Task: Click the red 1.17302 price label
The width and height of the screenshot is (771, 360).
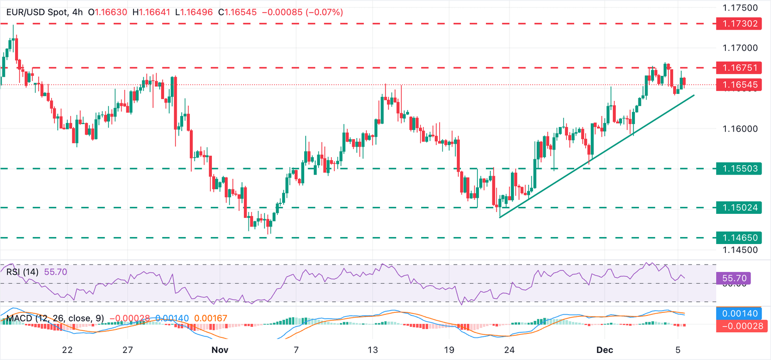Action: point(739,24)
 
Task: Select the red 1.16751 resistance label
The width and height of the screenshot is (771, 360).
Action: point(739,67)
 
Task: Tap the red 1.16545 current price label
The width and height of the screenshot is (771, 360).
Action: point(739,85)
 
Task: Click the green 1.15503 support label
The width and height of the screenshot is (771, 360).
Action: point(739,169)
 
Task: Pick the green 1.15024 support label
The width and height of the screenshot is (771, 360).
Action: point(739,207)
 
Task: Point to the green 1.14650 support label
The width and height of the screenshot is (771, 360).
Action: point(739,238)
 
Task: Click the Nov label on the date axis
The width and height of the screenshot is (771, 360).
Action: point(219,349)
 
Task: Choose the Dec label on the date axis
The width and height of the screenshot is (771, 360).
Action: point(604,349)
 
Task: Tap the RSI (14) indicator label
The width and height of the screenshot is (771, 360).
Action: point(24,272)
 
